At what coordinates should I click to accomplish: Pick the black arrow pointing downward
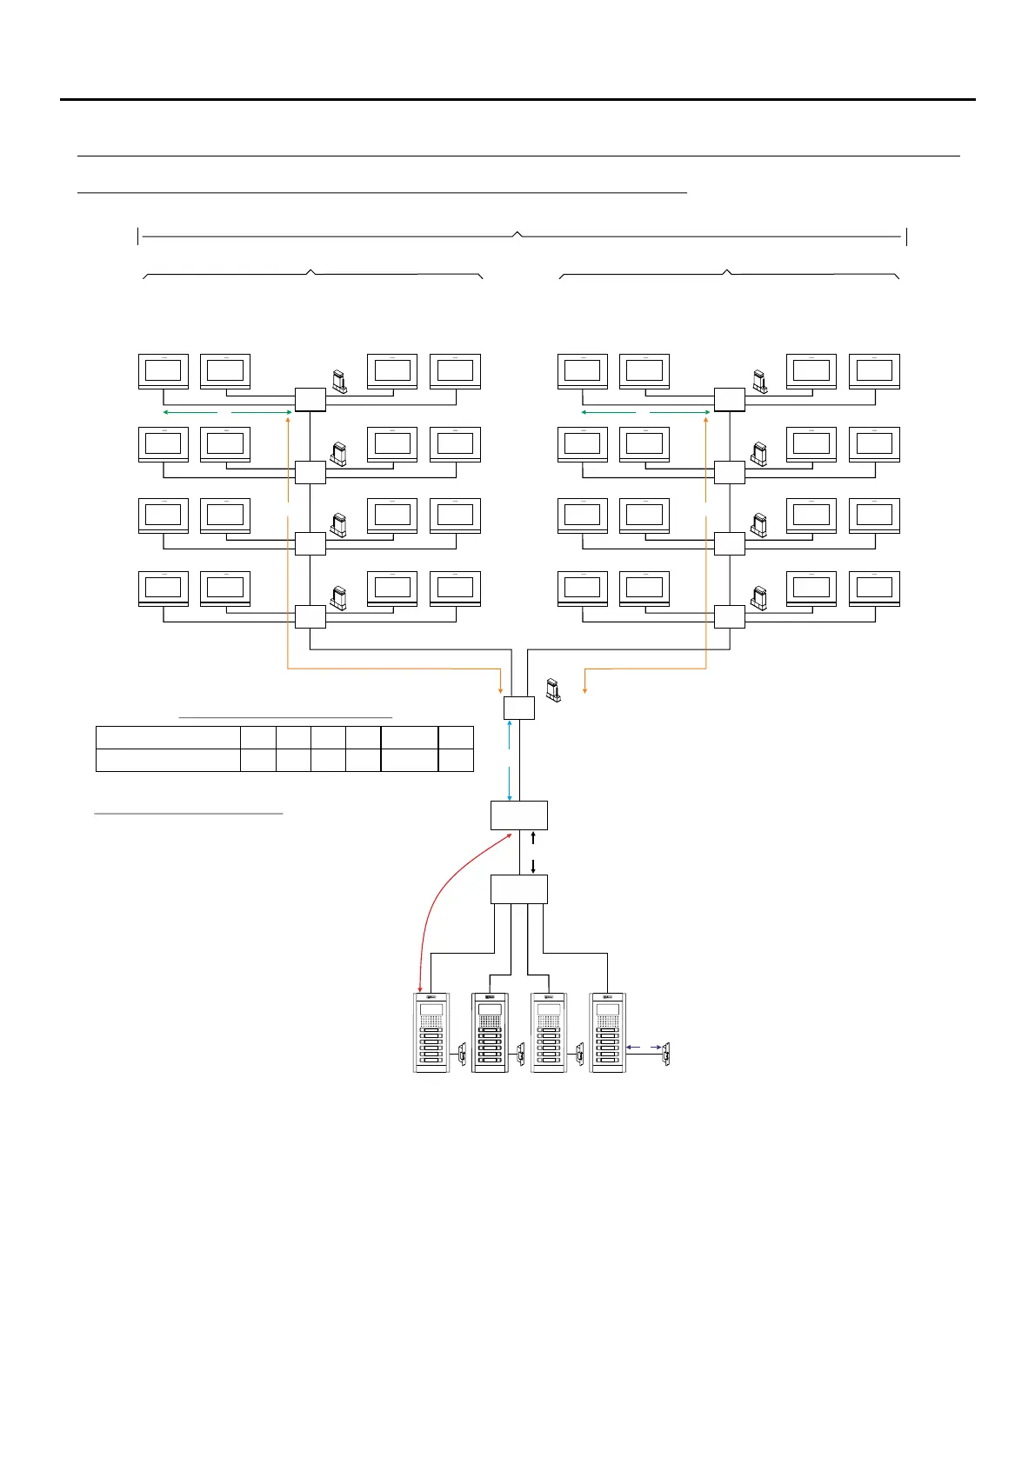(x=533, y=866)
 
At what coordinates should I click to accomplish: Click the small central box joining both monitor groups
(x=519, y=708)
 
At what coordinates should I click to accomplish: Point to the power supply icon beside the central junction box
(x=552, y=689)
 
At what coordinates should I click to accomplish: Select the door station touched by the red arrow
(x=431, y=1033)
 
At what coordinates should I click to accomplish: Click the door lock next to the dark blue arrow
(x=666, y=1055)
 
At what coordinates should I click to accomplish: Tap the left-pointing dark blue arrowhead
(x=629, y=1047)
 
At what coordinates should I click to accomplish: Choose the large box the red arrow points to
(x=519, y=815)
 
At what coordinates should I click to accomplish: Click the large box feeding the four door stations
(x=519, y=889)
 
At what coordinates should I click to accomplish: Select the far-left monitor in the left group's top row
(x=164, y=372)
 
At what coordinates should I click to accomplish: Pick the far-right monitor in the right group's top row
(x=874, y=372)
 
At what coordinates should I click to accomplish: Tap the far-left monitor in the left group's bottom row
(x=164, y=589)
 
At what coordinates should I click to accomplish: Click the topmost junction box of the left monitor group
(x=310, y=400)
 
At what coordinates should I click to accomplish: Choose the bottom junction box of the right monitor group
(x=730, y=617)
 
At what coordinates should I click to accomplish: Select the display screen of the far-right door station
(x=608, y=1009)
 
